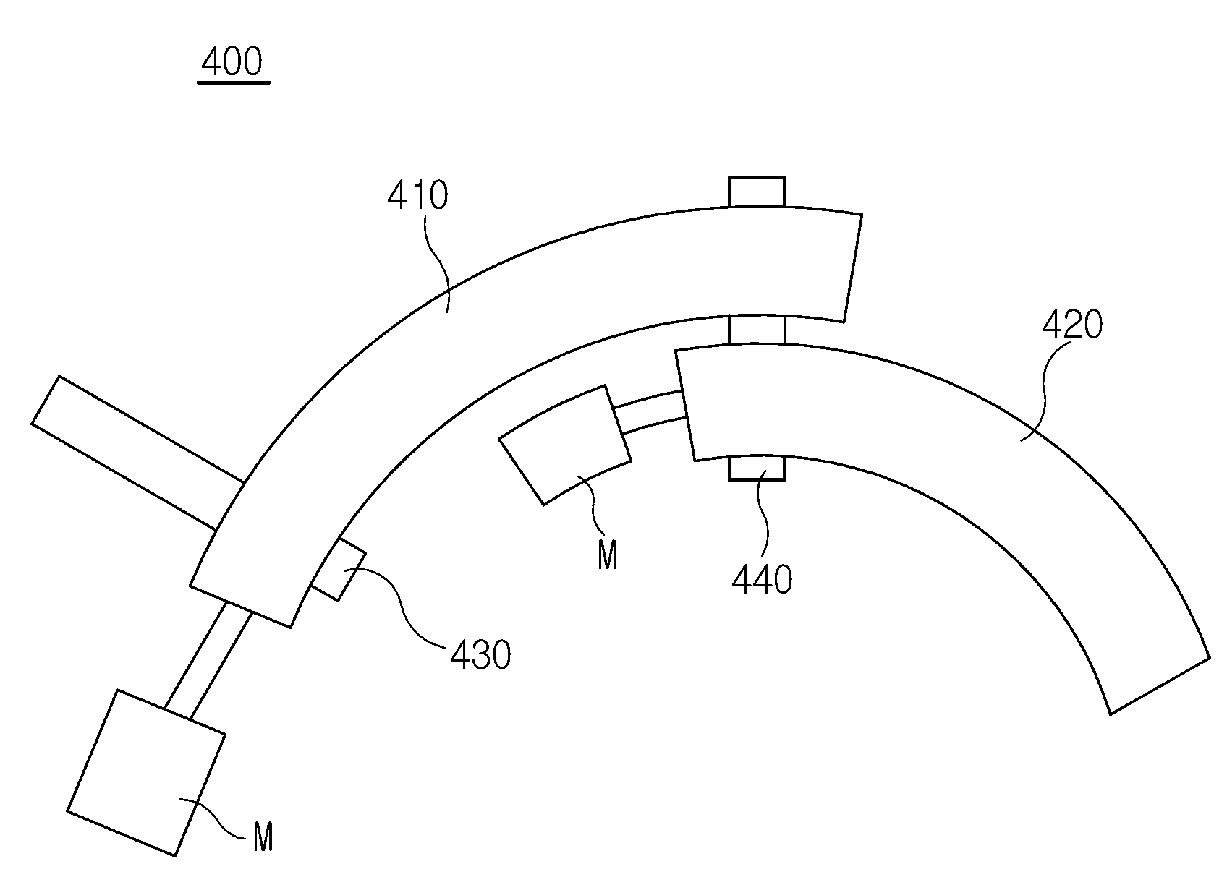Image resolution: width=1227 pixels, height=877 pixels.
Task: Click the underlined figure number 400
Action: pyautogui.click(x=232, y=61)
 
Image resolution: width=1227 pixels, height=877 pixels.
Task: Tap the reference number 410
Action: pyautogui.click(x=417, y=195)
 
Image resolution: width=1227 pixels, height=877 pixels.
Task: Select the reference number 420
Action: pyautogui.click(x=1072, y=325)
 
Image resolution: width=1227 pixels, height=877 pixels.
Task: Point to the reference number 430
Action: pyautogui.click(x=480, y=655)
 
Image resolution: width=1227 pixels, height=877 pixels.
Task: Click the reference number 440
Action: pyautogui.click(x=762, y=580)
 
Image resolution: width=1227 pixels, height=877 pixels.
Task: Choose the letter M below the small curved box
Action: pyautogui.click(x=607, y=555)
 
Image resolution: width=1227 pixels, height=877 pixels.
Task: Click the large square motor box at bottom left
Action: pyautogui.click(x=146, y=772)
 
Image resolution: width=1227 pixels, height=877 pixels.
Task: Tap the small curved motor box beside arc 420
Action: pyautogui.click(x=565, y=445)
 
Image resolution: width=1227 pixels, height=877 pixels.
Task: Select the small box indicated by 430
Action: pyautogui.click(x=339, y=570)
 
